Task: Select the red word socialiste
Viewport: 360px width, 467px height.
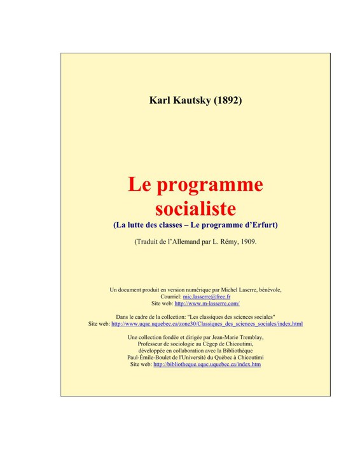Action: [195, 208]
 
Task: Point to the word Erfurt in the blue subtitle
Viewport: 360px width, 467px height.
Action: [263, 225]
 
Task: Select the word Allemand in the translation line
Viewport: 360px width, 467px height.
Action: [184, 242]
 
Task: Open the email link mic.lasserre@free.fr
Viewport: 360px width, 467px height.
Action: [206, 296]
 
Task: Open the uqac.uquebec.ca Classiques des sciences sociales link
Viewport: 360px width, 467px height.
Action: [207, 324]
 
